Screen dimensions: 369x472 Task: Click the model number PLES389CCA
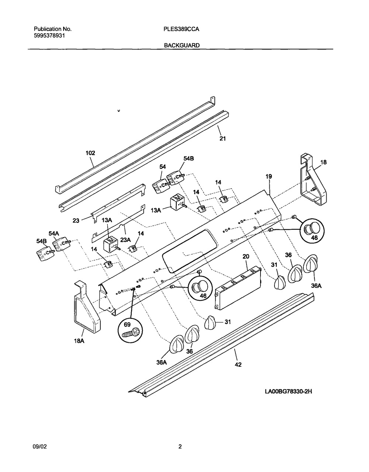(x=181, y=29)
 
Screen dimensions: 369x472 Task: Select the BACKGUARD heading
(x=182, y=45)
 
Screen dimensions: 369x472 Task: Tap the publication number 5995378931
(x=49, y=35)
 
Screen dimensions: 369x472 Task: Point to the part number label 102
(x=90, y=153)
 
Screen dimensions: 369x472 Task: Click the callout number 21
(x=223, y=138)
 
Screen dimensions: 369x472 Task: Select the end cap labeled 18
(x=313, y=179)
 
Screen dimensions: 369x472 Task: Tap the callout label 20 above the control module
(x=246, y=257)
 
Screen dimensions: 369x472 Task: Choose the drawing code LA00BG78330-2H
(x=288, y=391)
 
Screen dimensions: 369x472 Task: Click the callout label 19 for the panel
(x=269, y=177)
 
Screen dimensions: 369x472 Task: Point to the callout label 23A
(x=125, y=240)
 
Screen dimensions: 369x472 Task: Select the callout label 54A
(x=54, y=233)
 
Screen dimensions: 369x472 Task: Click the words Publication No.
(x=52, y=29)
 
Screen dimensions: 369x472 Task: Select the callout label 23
(x=76, y=221)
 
